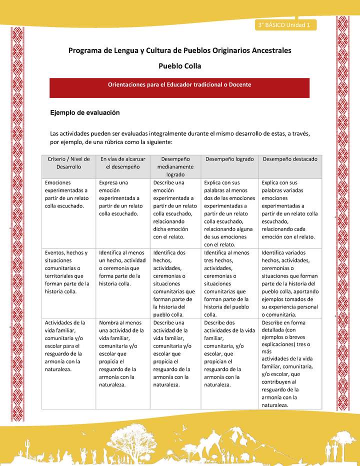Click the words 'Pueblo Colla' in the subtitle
(x=179, y=65)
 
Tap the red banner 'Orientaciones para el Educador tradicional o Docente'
(x=179, y=85)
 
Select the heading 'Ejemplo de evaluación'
(x=84, y=113)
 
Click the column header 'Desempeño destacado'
(x=290, y=159)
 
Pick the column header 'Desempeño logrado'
(x=229, y=159)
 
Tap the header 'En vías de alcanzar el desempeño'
(x=122, y=162)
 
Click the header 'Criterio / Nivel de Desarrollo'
(x=68, y=162)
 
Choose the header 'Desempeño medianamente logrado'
(x=175, y=166)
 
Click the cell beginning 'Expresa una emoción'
(x=120, y=198)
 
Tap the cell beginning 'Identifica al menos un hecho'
(x=122, y=268)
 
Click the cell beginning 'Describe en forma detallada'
(x=288, y=364)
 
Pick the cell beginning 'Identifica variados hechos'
(x=289, y=283)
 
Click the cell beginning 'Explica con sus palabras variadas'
(x=289, y=209)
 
